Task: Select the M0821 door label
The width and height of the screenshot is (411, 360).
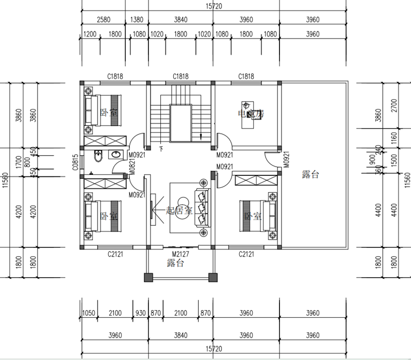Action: point(132,167)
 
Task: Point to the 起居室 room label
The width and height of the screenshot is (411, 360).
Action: point(179,211)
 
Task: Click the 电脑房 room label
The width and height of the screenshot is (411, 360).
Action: point(250,114)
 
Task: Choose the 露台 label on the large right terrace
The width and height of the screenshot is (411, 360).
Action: point(310,175)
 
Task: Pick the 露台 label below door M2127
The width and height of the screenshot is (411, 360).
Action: point(176,264)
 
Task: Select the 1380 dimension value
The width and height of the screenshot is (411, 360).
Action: point(137,20)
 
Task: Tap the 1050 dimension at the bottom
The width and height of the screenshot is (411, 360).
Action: point(89,313)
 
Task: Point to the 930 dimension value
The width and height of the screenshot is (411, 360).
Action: point(140,313)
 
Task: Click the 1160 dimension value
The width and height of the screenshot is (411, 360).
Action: point(393,138)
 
